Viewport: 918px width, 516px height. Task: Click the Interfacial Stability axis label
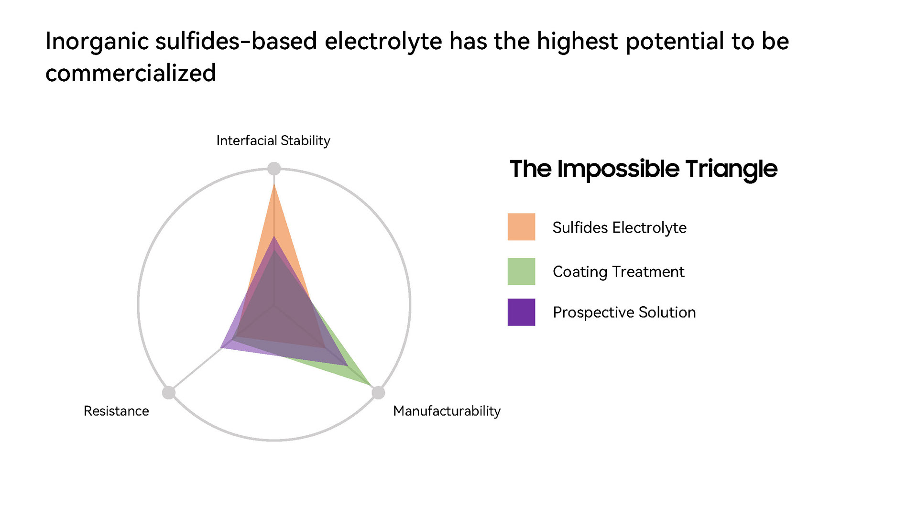pyautogui.click(x=273, y=141)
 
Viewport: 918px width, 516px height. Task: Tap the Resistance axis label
pyautogui.click(x=116, y=411)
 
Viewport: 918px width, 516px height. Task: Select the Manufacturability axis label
pyautogui.click(x=447, y=411)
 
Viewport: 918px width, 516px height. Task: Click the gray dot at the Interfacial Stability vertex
pyautogui.click(x=273, y=169)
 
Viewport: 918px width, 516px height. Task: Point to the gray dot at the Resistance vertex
pyautogui.click(x=169, y=393)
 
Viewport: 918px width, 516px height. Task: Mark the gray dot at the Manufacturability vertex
pyautogui.click(x=378, y=393)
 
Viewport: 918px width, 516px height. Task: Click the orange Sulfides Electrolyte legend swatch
pyautogui.click(x=521, y=226)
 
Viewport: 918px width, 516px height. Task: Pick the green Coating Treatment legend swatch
pyautogui.click(x=521, y=271)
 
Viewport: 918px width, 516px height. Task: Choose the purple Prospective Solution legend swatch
pyautogui.click(x=521, y=312)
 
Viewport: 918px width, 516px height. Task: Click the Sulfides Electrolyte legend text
pyautogui.click(x=619, y=227)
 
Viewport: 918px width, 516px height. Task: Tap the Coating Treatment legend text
pyautogui.click(x=618, y=272)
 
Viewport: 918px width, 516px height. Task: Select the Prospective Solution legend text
pyautogui.click(x=624, y=312)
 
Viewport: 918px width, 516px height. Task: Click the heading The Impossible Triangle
pyautogui.click(x=644, y=169)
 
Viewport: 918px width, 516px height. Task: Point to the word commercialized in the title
pyautogui.click(x=131, y=73)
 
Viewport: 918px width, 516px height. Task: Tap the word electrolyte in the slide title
pyautogui.click(x=383, y=41)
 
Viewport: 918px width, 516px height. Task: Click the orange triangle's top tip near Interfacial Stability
pyautogui.click(x=274, y=184)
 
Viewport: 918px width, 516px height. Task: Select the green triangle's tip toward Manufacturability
pyautogui.click(x=371, y=384)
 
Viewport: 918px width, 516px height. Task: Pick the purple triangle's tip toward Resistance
pyautogui.click(x=221, y=347)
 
